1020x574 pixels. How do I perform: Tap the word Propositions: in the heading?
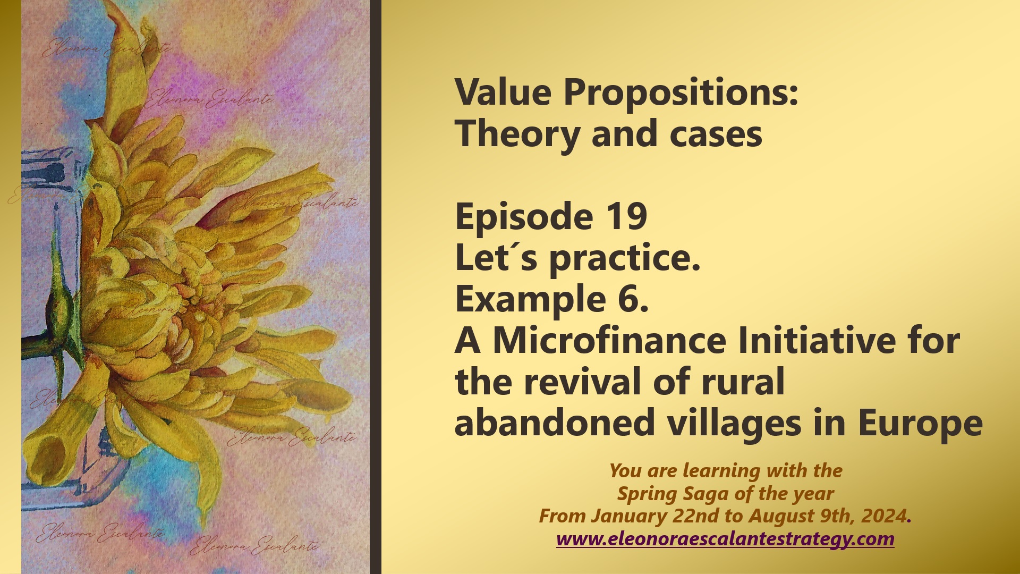(x=681, y=93)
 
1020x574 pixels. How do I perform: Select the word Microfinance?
(x=609, y=340)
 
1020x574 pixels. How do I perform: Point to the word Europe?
(x=920, y=424)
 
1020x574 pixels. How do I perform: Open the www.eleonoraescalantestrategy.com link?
(x=725, y=539)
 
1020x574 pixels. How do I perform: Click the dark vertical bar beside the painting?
(x=375, y=287)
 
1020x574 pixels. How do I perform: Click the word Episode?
(x=524, y=216)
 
